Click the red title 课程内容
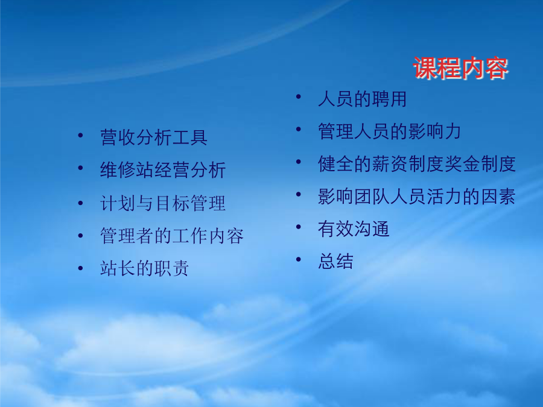[460, 68]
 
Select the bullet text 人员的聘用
[362, 99]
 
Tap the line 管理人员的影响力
[389, 131]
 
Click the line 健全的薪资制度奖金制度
[416, 163]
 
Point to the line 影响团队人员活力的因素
[416, 196]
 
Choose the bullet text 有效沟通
[354, 229]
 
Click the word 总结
[335, 261]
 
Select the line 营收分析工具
[154, 137]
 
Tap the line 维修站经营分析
[163, 170]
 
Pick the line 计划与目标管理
[163, 203]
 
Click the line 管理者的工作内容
[172, 236]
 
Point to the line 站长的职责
[144, 268]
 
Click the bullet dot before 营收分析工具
[81, 135]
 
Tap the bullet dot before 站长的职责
[81, 268]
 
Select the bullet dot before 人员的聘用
[299, 96]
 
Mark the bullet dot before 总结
[299, 259]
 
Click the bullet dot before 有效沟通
[299, 227]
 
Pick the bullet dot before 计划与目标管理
[81, 203]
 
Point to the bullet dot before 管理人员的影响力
[299, 129]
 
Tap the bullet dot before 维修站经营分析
[81, 168]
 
